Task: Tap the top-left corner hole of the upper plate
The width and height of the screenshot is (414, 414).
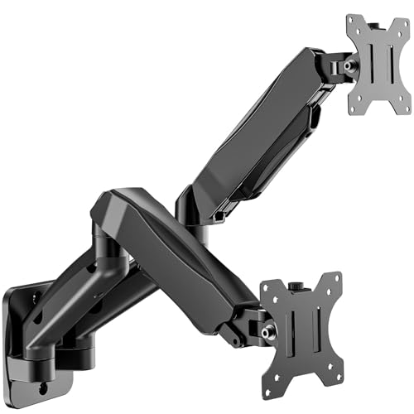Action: click(x=354, y=24)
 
